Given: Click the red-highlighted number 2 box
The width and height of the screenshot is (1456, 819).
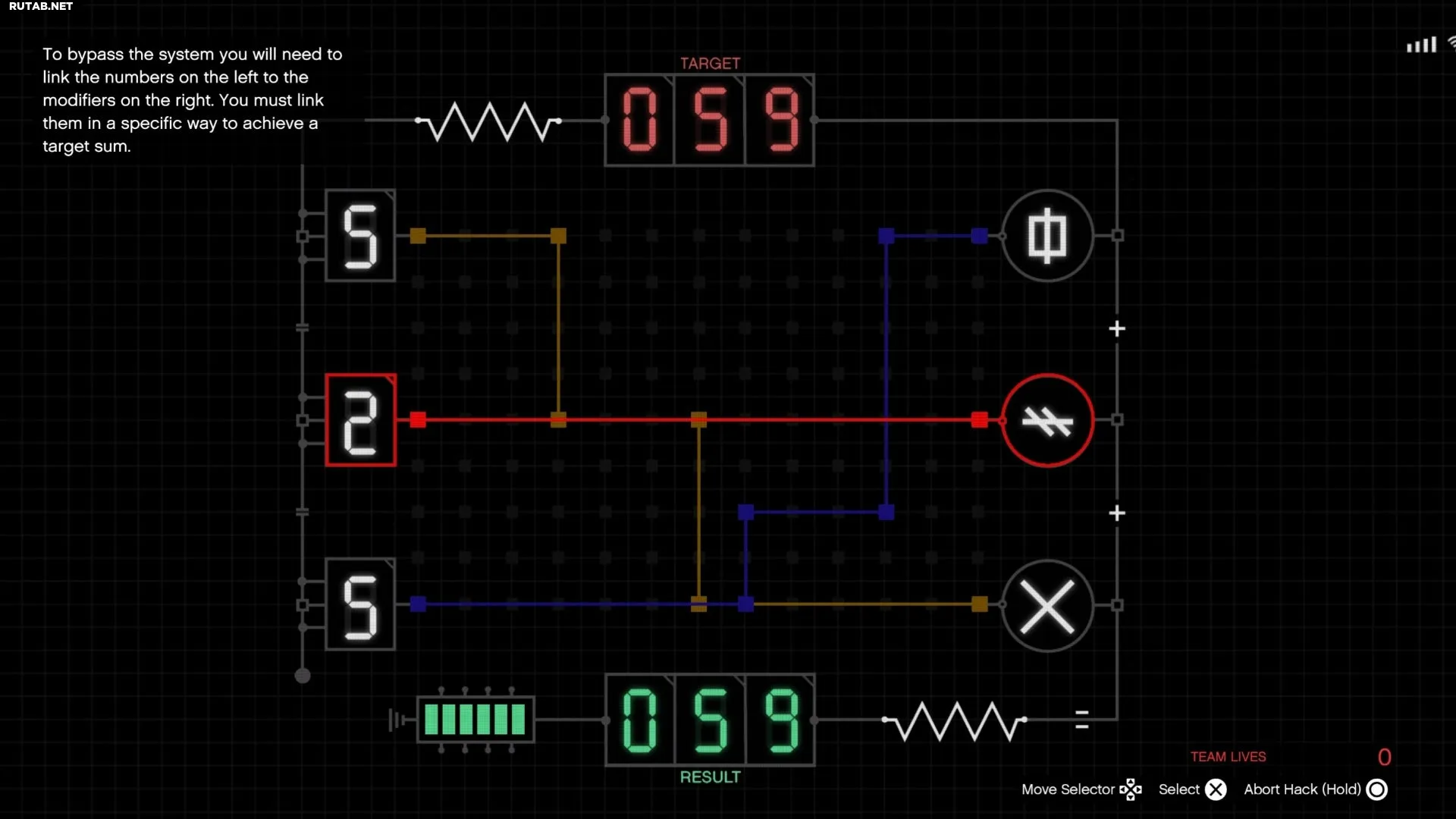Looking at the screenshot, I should tap(360, 420).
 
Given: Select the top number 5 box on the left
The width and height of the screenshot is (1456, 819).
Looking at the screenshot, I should tap(360, 236).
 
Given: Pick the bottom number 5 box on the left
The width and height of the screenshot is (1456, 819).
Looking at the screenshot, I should tap(360, 604).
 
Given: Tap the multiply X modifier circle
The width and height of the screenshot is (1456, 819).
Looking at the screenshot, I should tap(1047, 606).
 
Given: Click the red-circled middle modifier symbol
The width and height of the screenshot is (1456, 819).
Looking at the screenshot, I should tap(1047, 420).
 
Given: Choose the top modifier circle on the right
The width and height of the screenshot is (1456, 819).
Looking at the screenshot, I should tap(1047, 236).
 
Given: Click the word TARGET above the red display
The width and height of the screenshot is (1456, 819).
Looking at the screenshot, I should tap(710, 64).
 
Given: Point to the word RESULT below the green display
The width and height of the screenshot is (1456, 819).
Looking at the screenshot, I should tap(710, 777).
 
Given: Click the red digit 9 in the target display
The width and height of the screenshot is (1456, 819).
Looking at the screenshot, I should tap(781, 120).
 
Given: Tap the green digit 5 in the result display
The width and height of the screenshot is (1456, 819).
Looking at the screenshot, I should tap(711, 720).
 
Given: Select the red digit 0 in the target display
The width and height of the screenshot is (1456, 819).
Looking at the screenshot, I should tap(639, 120).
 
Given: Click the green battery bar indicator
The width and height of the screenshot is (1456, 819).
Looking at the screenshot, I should tap(475, 719).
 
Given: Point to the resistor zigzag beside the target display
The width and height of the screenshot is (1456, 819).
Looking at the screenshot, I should tap(489, 121).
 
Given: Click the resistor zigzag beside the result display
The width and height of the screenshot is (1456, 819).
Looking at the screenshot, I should tap(955, 720).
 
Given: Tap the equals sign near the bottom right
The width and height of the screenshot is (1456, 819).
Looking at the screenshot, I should tap(1082, 720).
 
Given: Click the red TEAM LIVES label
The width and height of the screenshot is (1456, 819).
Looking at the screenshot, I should tap(1228, 757).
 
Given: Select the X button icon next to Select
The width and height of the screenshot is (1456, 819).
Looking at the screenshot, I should tap(1216, 790).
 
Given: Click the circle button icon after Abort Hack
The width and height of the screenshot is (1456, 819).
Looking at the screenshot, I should tap(1377, 790).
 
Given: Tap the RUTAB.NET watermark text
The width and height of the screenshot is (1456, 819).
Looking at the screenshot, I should tap(41, 6).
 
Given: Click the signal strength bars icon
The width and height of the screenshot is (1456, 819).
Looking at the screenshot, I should tap(1422, 45).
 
